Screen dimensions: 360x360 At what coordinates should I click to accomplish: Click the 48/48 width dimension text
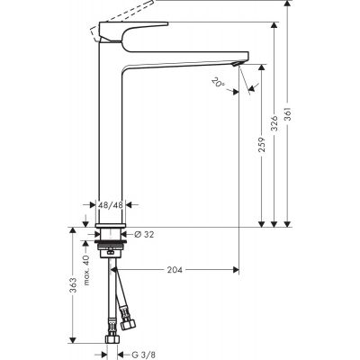point(111,205)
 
